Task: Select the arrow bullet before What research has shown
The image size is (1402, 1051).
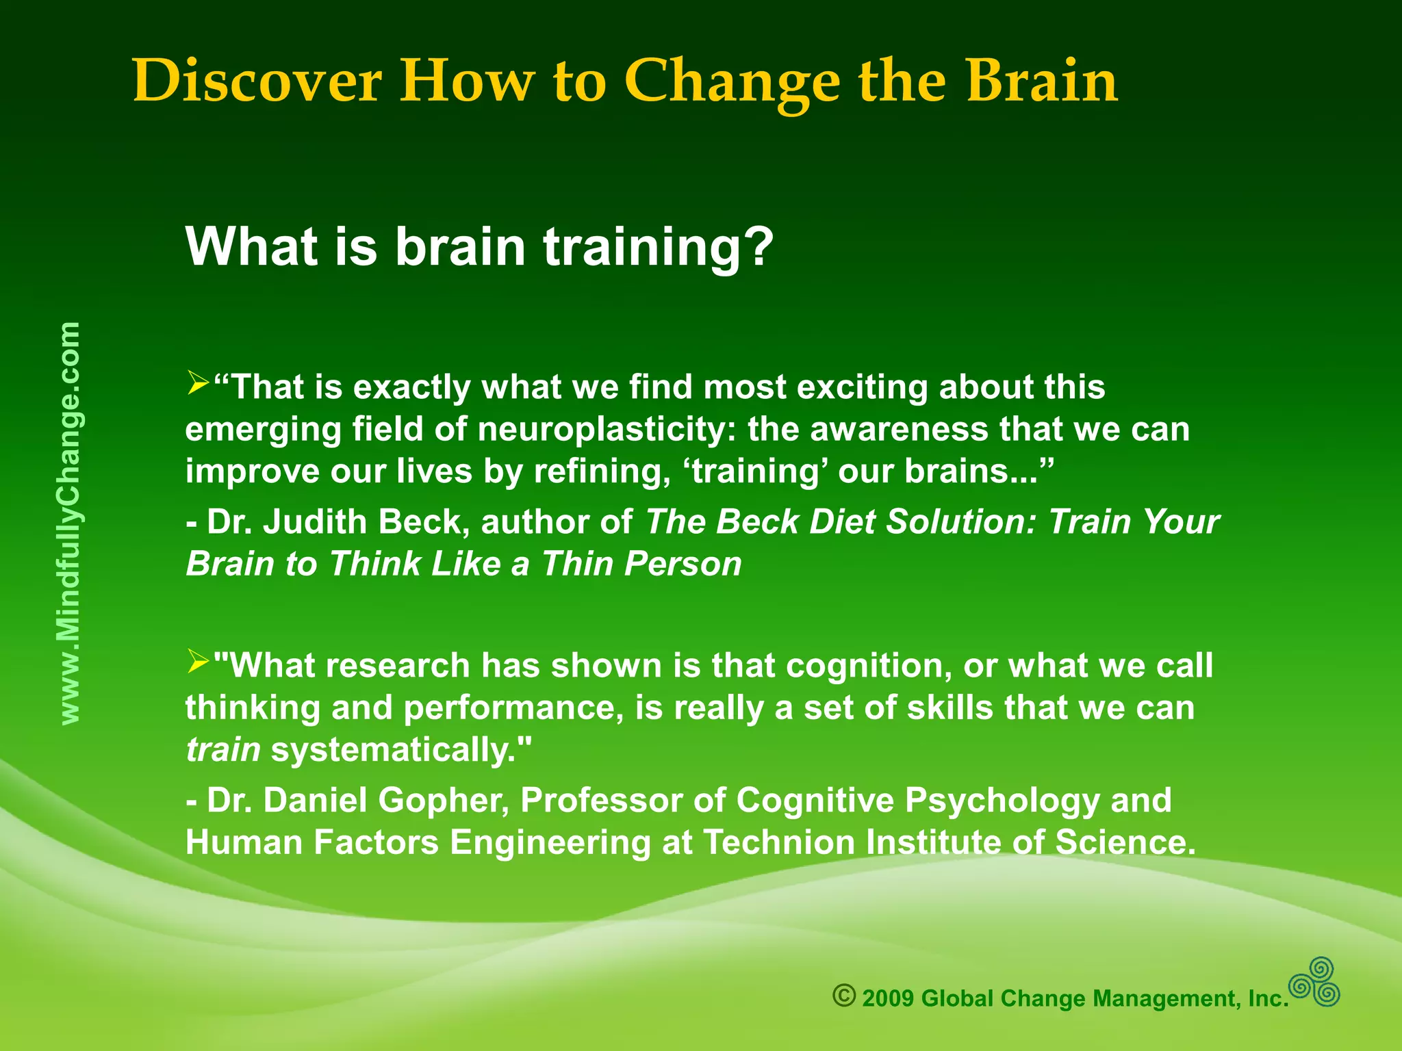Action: click(198, 662)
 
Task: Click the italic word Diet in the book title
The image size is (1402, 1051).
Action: click(843, 522)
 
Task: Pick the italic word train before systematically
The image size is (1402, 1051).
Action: click(222, 750)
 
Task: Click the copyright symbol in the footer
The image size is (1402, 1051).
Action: click(844, 996)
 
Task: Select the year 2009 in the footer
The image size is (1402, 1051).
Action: click(888, 999)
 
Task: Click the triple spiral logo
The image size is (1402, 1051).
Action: click(1314, 982)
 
